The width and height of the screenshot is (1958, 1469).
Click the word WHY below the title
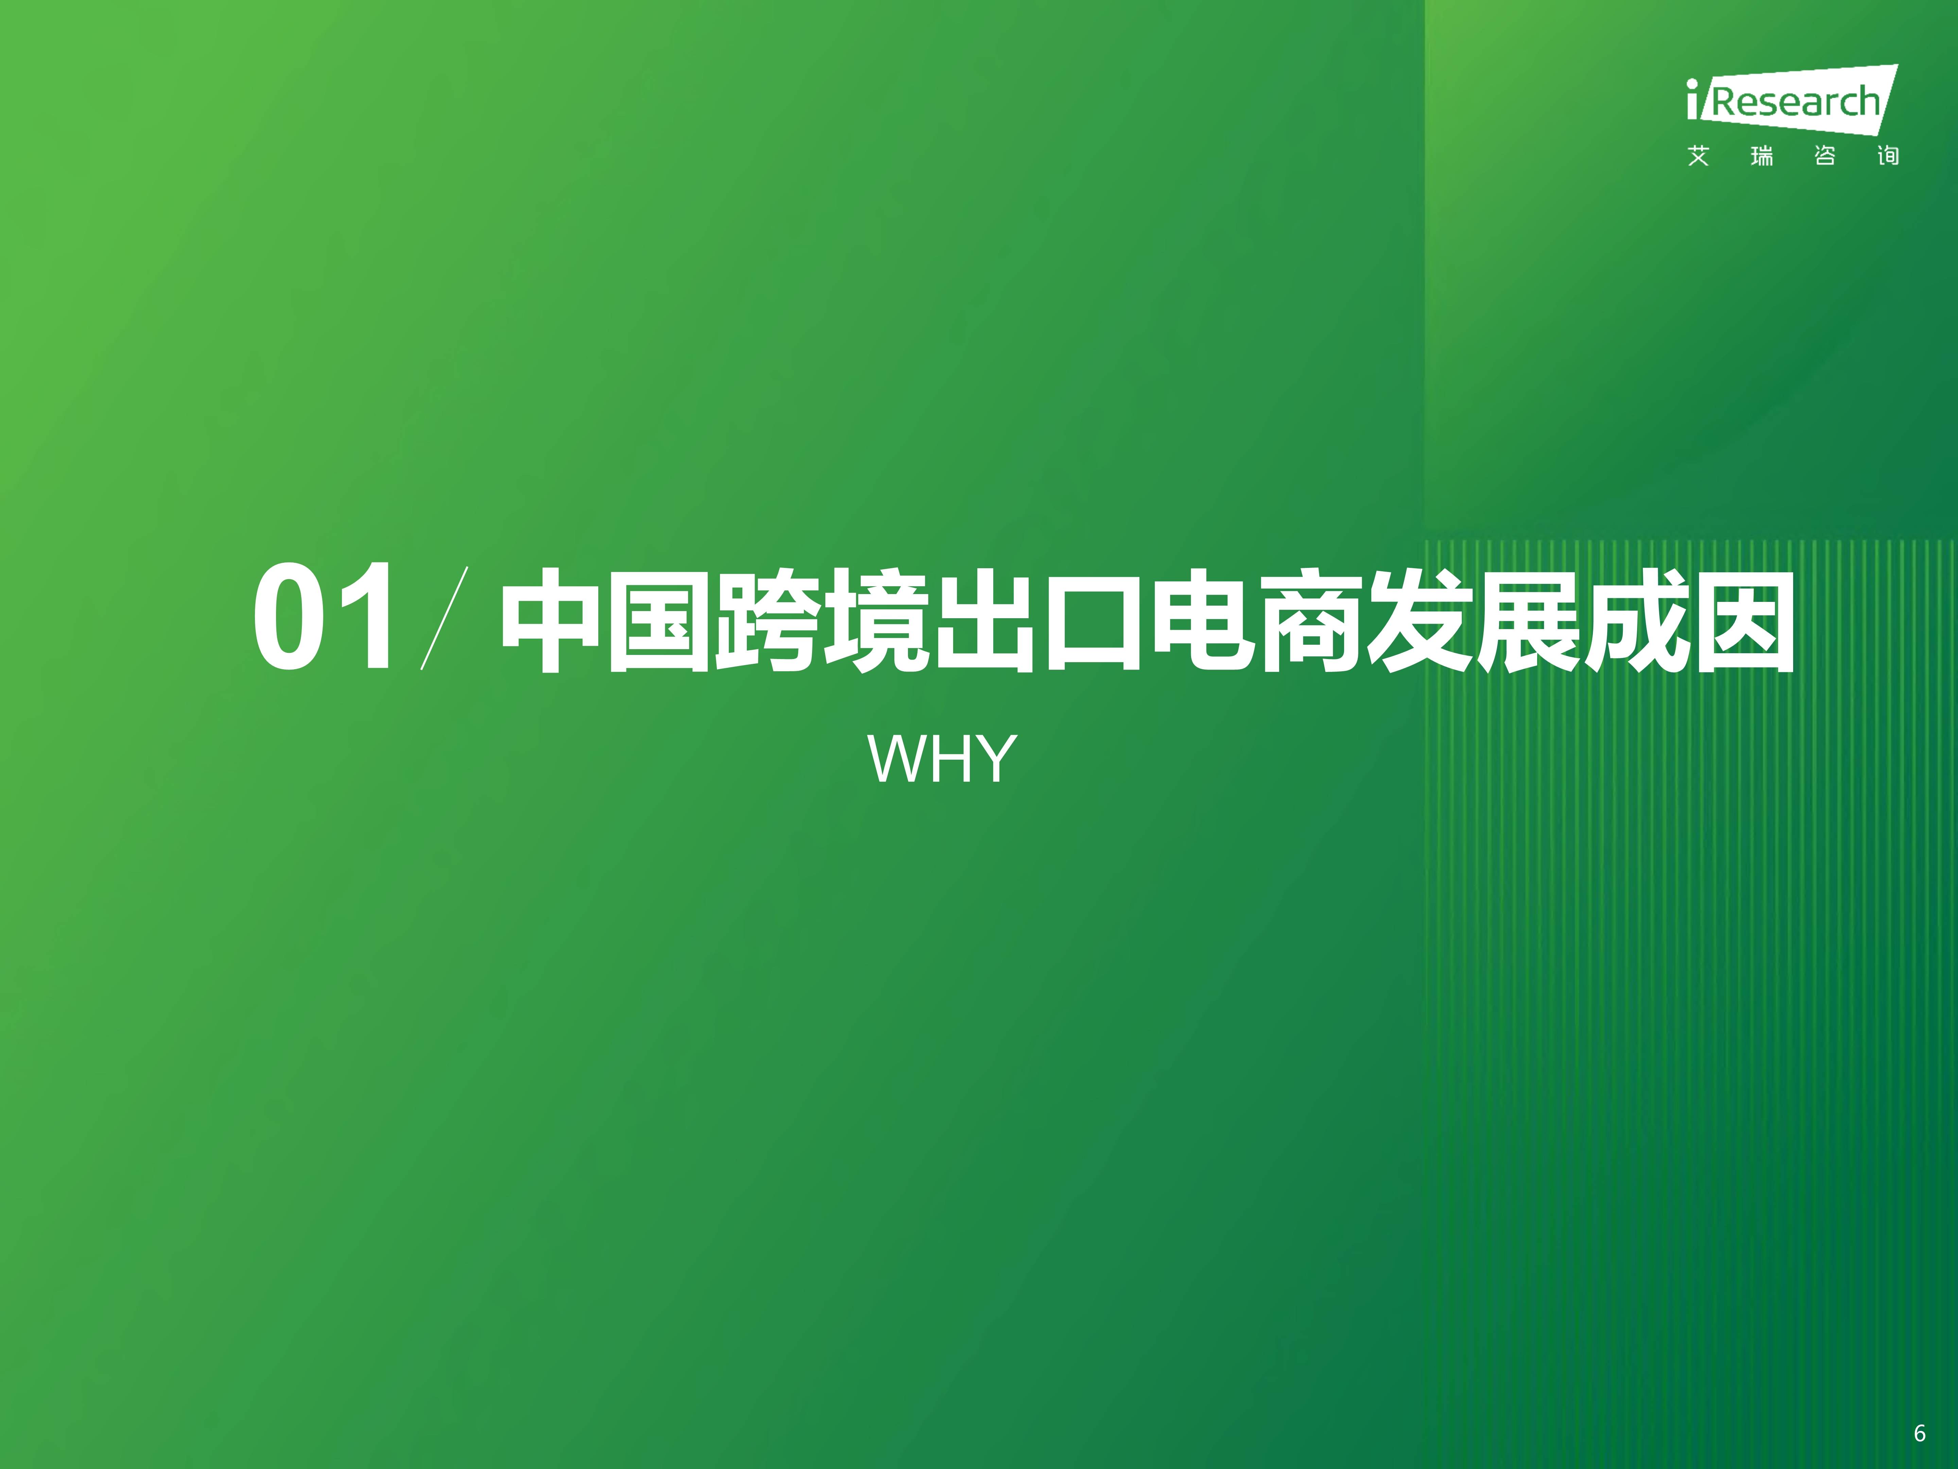coord(942,759)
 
